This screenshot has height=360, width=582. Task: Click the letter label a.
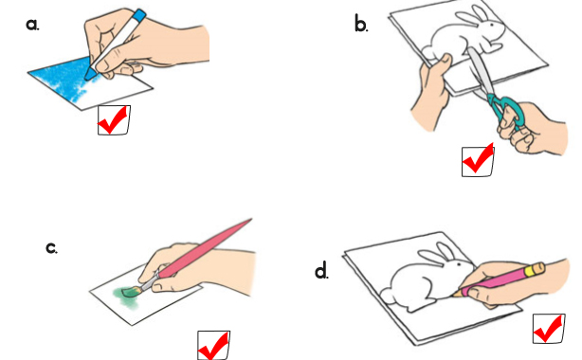pyautogui.click(x=32, y=25)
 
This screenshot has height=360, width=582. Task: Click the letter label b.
pyautogui.click(x=361, y=25)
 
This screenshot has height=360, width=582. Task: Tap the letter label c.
pyautogui.click(x=51, y=248)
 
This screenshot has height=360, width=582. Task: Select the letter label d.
pyautogui.click(x=321, y=271)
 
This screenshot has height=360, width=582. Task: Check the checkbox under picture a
pyautogui.click(x=114, y=120)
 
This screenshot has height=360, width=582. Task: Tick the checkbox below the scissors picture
pyautogui.click(x=478, y=161)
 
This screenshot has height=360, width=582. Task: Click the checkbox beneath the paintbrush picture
pyautogui.click(x=213, y=346)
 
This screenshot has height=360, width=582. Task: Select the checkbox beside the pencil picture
pyautogui.click(x=549, y=329)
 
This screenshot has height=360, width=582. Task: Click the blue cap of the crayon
pyautogui.click(x=139, y=15)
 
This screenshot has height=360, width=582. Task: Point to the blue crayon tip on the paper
pyautogui.click(x=89, y=75)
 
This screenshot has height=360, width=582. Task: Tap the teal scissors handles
pyautogui.click(x=507, y=110)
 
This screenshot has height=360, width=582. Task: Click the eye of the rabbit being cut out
pyautogui.click(x=493, y=25)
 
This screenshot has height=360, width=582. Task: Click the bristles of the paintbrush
pyautogui.click(x=131, y=292)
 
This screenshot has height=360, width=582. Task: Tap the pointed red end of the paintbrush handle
pyautogui.click(x=249, y=221)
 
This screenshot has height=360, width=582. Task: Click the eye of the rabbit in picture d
pyautogui.click(x=459, y=264)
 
